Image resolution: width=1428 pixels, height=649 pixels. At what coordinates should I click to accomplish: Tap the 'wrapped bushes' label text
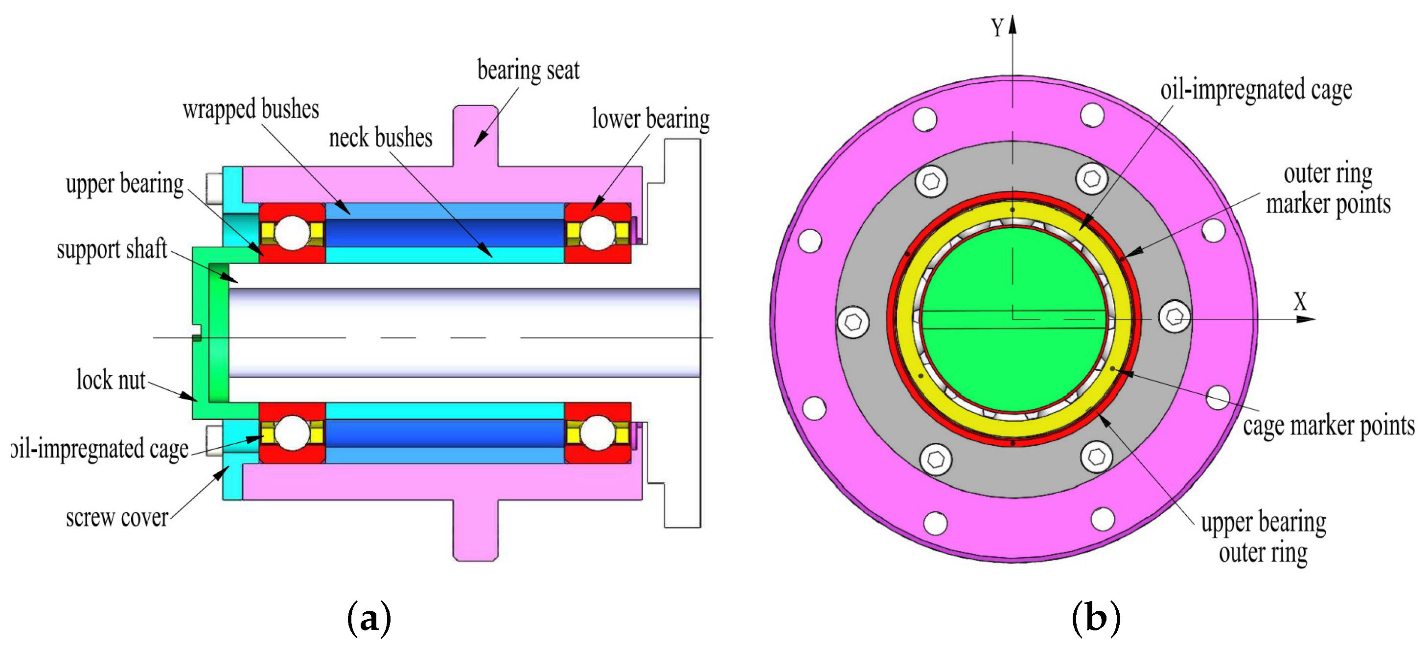(251, 109)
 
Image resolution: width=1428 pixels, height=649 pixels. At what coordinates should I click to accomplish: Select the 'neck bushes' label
(380, 138)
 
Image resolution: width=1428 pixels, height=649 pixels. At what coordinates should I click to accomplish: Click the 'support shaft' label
(112, 249)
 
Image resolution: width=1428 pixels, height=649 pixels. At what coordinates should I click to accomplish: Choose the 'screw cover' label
(116, 518)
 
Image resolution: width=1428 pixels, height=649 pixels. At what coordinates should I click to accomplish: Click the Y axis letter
(997, 28)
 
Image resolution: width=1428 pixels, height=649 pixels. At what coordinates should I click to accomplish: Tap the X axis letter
(1300, 302)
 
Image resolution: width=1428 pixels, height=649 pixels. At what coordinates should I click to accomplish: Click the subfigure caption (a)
(369, 618)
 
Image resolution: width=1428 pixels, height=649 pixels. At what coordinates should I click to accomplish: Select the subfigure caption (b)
(1096, 618)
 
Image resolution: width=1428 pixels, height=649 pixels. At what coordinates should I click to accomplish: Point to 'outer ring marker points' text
(1328, 189)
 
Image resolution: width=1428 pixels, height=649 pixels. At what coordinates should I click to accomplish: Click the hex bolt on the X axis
(1174, 317)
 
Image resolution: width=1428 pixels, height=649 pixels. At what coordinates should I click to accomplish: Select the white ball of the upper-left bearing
(292, 233)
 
